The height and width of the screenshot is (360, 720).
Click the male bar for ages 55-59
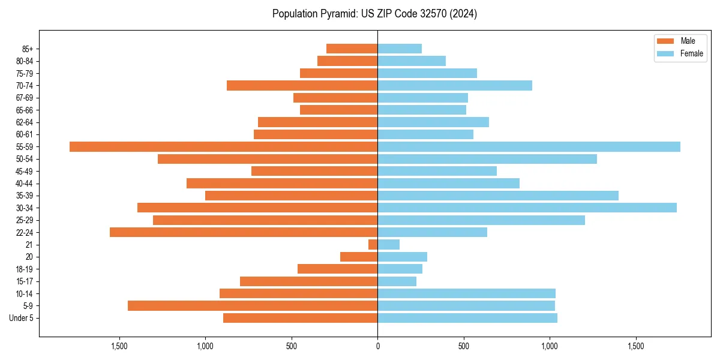click(223, 147)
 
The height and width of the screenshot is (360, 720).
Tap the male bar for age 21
click(373, 244)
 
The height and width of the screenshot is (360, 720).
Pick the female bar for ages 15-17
click(397, 281)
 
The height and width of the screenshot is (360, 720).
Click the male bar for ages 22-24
click(244, 232)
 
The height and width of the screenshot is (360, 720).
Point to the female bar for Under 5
click(467, 318)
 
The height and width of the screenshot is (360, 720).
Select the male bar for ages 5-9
click(253, 305)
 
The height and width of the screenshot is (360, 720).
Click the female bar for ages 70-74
click(455, 85)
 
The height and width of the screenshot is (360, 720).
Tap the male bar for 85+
click(352, 49)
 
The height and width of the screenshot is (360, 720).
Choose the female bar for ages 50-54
click(487, 159)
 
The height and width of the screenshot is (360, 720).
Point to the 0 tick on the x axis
click(377, 346)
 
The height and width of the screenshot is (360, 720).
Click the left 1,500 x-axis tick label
click(119, 346)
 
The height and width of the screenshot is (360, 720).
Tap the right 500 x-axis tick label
click(463, 346)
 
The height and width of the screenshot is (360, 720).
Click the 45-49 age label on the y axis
click(24, 171)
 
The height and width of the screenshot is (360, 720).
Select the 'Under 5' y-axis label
click(21, 318)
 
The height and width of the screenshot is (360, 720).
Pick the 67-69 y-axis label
click(24, 98)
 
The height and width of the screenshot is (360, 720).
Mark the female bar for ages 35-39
click(498, 196)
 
